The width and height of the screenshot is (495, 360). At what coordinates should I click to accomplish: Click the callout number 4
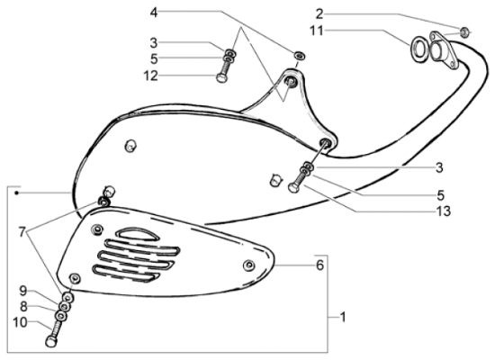[x=154, y=13]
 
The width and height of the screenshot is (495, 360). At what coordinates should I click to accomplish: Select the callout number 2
[x=319, y=14]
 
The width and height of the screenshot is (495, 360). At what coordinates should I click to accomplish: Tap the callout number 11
[x=317, y=31]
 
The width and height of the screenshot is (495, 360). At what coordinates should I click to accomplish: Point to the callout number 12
[x=150, y=76]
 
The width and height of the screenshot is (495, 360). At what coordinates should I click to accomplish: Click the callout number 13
[x=444, y=211]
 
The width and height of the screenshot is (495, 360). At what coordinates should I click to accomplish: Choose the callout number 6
[x=319, y=265]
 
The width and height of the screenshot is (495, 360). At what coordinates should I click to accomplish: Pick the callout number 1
[x=343, y=317]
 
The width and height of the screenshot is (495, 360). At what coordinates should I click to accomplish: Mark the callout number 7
[x=22, y=232]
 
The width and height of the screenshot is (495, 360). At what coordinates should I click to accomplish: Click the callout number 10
[x=20, y=323]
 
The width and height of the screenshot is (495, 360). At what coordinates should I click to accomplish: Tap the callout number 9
[x=23, y=291]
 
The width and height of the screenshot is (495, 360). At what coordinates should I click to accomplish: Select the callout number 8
[x=23, y=307]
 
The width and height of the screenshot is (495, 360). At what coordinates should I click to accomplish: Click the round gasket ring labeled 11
[x=419, y=49]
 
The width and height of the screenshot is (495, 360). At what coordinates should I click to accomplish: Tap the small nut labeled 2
[x=464, y=31]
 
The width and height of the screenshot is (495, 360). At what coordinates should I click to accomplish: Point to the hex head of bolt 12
[x=221, y=77]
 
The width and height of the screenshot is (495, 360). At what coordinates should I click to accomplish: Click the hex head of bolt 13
[x=293, y=188]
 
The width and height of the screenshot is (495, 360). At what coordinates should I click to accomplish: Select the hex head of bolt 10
[x=51, y=342]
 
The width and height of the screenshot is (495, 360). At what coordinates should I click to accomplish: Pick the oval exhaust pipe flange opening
[x=438, y=50]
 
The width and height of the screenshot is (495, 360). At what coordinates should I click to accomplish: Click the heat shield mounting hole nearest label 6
[x=249, y=265]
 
